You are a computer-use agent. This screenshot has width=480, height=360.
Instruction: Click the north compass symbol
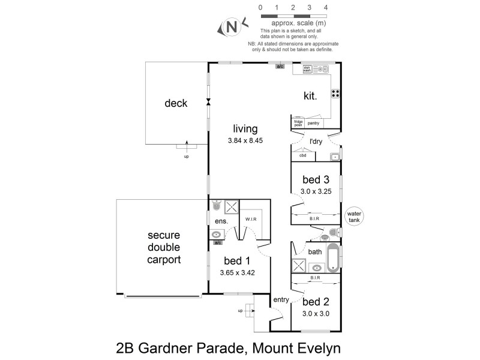(x=232, y=27)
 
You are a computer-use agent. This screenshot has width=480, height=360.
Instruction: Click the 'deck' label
(x=176, y=103)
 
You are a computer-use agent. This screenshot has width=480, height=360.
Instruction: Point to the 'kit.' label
(x=310, y=95)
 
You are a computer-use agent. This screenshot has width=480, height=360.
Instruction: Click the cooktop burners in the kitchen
(x=335, y=93)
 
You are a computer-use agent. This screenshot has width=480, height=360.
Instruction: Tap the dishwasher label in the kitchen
(x=307, y=69)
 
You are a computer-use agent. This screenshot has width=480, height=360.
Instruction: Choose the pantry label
(x=313, y=123)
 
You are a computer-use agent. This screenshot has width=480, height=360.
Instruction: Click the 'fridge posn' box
(x=298, y=123)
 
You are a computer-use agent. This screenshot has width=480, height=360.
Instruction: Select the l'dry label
(x=316, y=142)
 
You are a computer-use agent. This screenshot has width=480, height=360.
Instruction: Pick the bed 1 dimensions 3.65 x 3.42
(x=235, y=272)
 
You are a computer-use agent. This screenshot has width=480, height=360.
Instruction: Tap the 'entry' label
(x=281, y=299)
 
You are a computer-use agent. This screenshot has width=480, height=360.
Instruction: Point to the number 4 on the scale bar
(x=326, y=7)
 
